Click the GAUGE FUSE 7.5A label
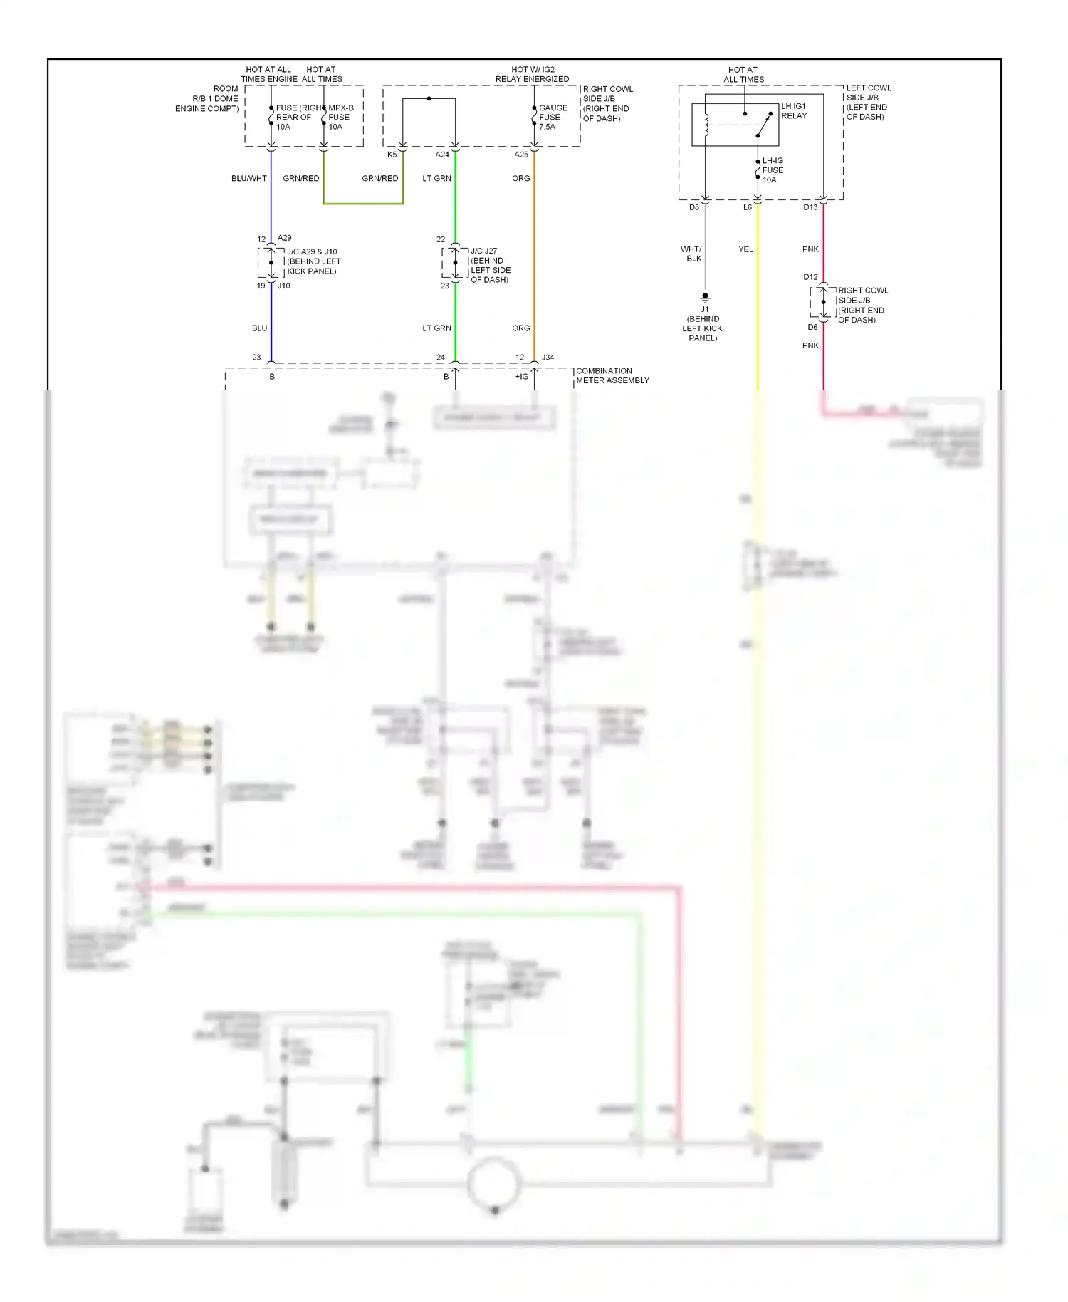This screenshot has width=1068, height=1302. click(x=553, y=117)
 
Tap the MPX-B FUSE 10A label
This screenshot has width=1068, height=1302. click(x=340, y=117)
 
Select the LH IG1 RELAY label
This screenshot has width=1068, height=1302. click(x=794, y=110)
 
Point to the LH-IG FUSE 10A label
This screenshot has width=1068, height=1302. click(x=773, y=170)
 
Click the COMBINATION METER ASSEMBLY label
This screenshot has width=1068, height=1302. click(x=612, y=375)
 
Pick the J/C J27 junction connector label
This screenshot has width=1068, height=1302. click(x=490, y=265)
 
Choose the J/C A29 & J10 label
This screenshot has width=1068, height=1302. click(x=313, y=261)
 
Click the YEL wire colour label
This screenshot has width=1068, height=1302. click(x=745, y=249)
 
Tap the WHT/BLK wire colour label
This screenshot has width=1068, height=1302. click(x=691, y=254)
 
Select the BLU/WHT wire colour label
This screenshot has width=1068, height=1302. click(x=248, y=178)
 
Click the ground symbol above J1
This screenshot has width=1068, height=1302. click(x=705, y=297)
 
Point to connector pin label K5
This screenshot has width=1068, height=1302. click(x=392, y=155)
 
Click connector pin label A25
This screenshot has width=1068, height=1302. click(x=521, y=155)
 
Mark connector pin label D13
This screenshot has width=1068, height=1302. click(x=810, y=207)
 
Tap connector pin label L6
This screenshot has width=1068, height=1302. click(x=747, y=207)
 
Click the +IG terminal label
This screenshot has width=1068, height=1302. click(x=522, y=376)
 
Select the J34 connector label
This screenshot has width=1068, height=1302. click(x=548, y=358)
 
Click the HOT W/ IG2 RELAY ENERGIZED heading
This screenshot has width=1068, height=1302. click(x=533, y=74)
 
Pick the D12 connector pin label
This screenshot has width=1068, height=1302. click(x=810, y=277)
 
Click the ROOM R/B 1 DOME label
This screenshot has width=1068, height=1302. click(x=215, y=94)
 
